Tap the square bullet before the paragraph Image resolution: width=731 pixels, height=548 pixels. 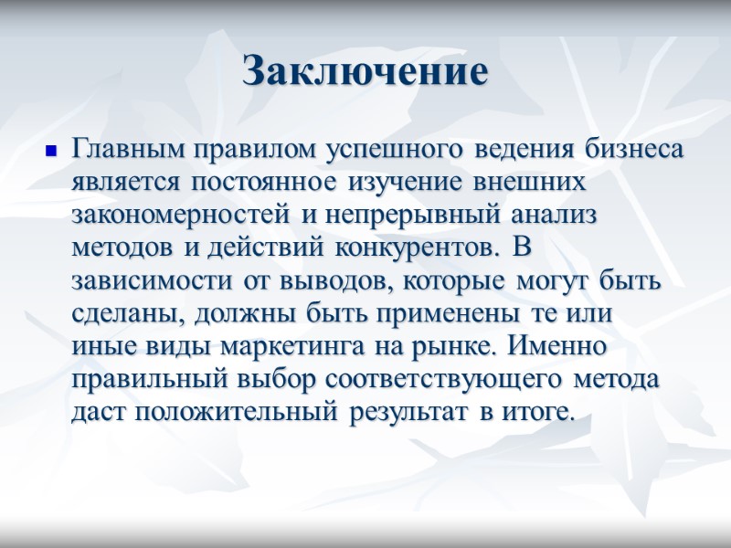[51, 148]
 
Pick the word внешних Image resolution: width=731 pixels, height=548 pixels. [534, 181]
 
